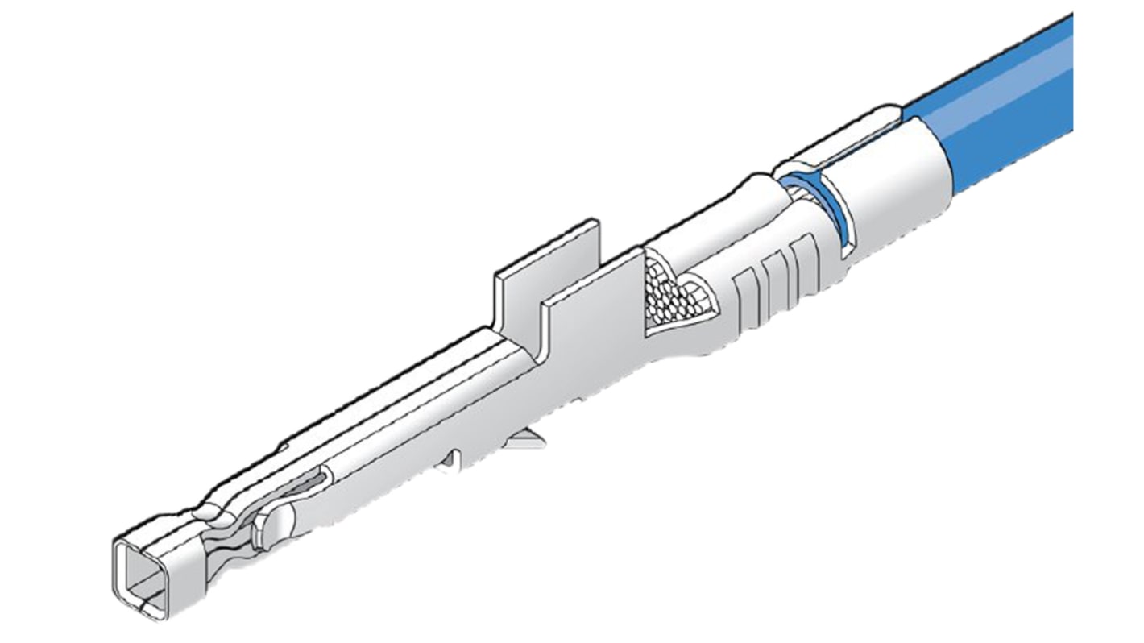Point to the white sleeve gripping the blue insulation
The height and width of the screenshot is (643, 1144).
[x=886, y=185]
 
